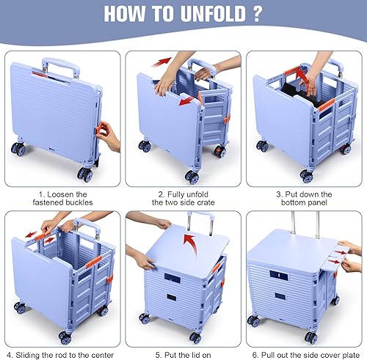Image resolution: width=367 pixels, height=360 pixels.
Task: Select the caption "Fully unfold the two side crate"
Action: [x=183, y=199]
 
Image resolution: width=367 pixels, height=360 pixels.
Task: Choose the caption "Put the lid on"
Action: [x=183, y=350]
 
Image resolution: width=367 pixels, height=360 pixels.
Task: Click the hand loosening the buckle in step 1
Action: [x=108, y=136]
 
